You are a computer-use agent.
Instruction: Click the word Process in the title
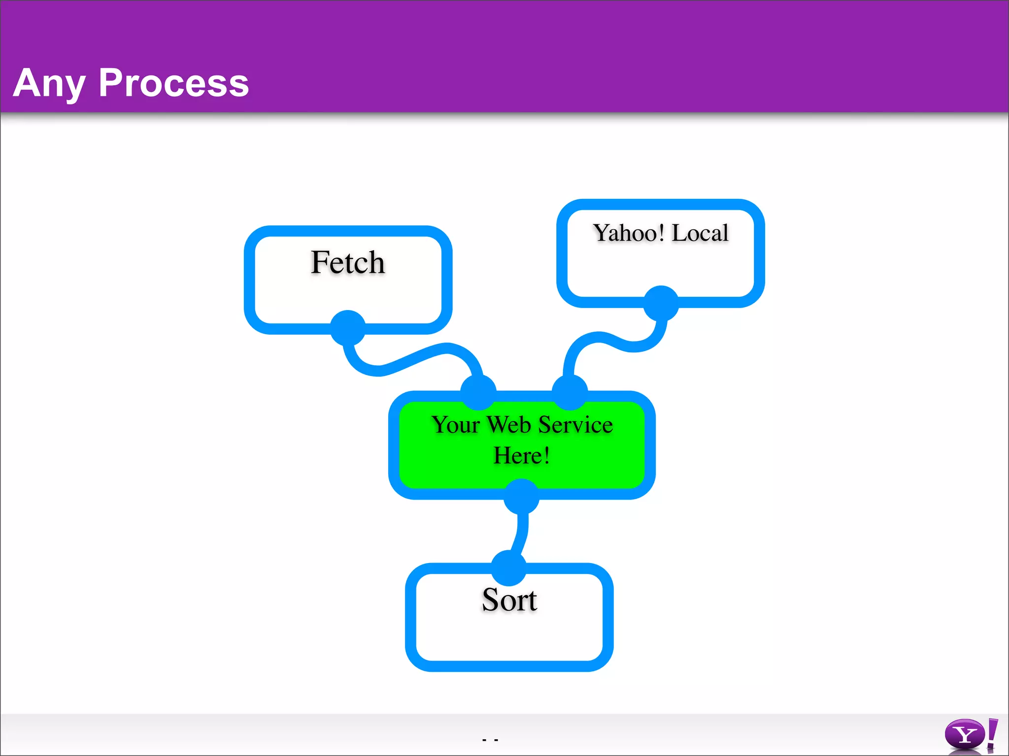pyautogui.click(x=173, y=83)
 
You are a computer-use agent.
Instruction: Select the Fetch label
pyautogui.click(x=348, y=262)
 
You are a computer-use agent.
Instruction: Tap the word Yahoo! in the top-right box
pyautogui.click(x=628, y=233)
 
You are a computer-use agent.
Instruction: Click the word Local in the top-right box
pyautogui.click(x=700, y=233)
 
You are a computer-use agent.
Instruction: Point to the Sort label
pyautogui.click(x=509, y=600)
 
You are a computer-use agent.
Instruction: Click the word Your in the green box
pyautogui.click(x=456, y=425)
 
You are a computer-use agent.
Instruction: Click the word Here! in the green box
pyautogui.click(x=521, y=455)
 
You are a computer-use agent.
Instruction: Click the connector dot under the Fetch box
pyautogui.click(x=348, y=328)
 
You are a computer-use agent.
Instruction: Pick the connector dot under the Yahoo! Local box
pyautogui.click(x=661, y=303)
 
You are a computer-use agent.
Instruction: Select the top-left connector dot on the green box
pyautogui.click(x=478, y=392)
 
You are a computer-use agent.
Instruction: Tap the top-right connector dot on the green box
pyautogui.click(x=570, y=392)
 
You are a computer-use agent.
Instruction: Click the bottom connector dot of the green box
pyautogui.click(x=521, y=496)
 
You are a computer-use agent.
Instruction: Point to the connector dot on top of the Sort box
pyautogui.click(x=509, y=568)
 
